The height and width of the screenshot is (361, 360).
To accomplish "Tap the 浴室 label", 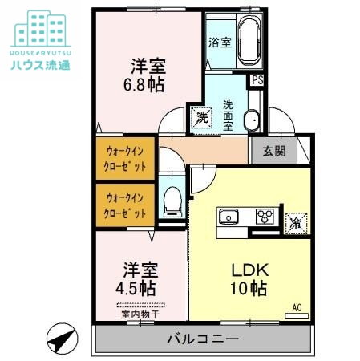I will click(220, 42).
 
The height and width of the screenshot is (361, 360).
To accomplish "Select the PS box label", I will click(257, 79).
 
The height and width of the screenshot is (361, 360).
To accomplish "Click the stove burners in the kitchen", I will click(265, 216).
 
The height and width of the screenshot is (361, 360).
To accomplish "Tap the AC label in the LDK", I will click(296, 307).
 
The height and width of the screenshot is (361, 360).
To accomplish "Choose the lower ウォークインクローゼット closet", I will click(125, 205).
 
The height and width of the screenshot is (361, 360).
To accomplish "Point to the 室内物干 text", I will click(140, 314).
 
